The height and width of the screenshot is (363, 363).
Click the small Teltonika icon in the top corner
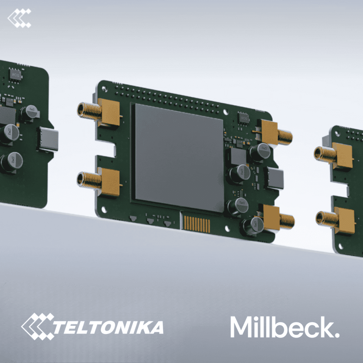coord(19,18)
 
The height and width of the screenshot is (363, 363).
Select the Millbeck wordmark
coord(285,327)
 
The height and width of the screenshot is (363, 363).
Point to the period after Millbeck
coord(337,335)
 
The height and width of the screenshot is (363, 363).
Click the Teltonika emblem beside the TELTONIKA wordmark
coord(38,326)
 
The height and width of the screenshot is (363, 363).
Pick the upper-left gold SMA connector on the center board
coord(99,112)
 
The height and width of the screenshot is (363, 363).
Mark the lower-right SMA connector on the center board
coord(277,219)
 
